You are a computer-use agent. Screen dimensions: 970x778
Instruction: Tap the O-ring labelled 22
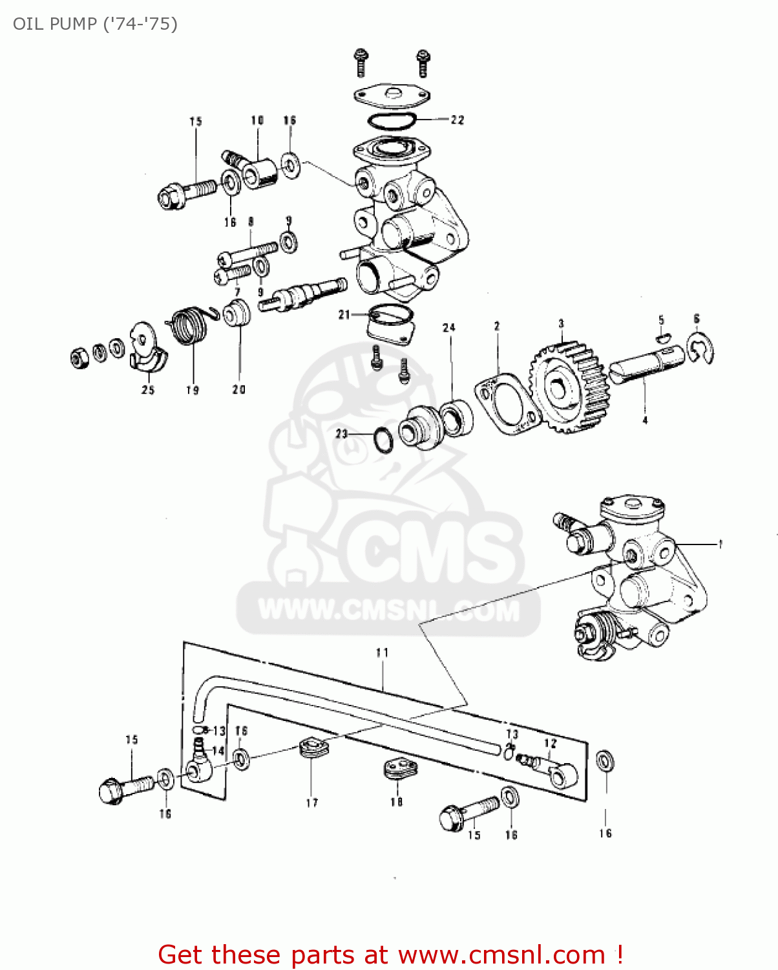(x=392, y=120)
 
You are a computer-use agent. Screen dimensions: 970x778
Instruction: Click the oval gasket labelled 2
(x=508, y=404)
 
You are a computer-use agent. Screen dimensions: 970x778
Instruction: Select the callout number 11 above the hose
(x=382, y=652)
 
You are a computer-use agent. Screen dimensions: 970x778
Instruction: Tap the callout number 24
(x=449, y=328)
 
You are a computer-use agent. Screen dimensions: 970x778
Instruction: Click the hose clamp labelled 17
(x=314, y=749)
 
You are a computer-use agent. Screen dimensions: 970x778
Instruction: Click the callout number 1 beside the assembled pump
(x=720, y=544)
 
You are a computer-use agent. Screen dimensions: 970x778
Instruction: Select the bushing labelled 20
(x=238, y=314)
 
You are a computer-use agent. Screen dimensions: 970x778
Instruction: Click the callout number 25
(x=148, y=389)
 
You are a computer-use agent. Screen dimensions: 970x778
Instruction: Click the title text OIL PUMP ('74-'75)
(x=95, y=24)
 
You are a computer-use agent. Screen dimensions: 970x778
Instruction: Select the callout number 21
(x=344, y=315)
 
